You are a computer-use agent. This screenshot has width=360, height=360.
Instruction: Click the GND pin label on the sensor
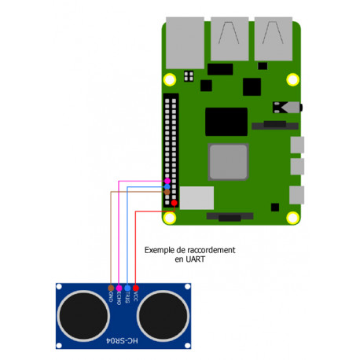tap(109, 297)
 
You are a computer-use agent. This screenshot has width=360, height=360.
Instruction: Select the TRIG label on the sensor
tap(127, 298)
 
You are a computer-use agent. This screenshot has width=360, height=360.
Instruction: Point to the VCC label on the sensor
tap(136, 297)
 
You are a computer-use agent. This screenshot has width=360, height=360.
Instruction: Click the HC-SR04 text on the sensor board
tap(118, 340)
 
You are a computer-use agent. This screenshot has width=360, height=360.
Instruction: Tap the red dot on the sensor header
tap(136, 288)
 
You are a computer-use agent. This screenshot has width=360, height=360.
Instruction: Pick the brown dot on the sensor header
tap(109, 288)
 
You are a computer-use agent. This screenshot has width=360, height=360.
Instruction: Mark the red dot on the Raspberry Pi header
tap(174, 203)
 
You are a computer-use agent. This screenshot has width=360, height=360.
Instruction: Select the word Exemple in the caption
tap(160, 249)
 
